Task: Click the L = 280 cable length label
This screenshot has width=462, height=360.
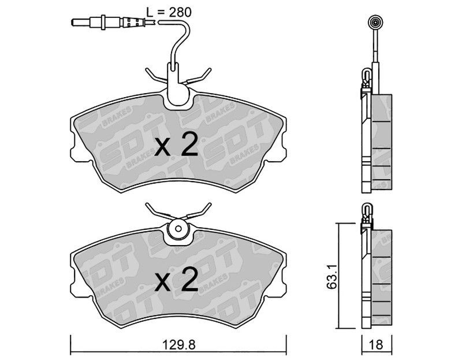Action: (169, 12)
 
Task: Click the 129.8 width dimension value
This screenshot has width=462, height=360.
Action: (179, 344)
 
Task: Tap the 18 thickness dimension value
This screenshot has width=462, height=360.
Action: (376, 344)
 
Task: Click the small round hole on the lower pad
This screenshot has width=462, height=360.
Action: (178, 229)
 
